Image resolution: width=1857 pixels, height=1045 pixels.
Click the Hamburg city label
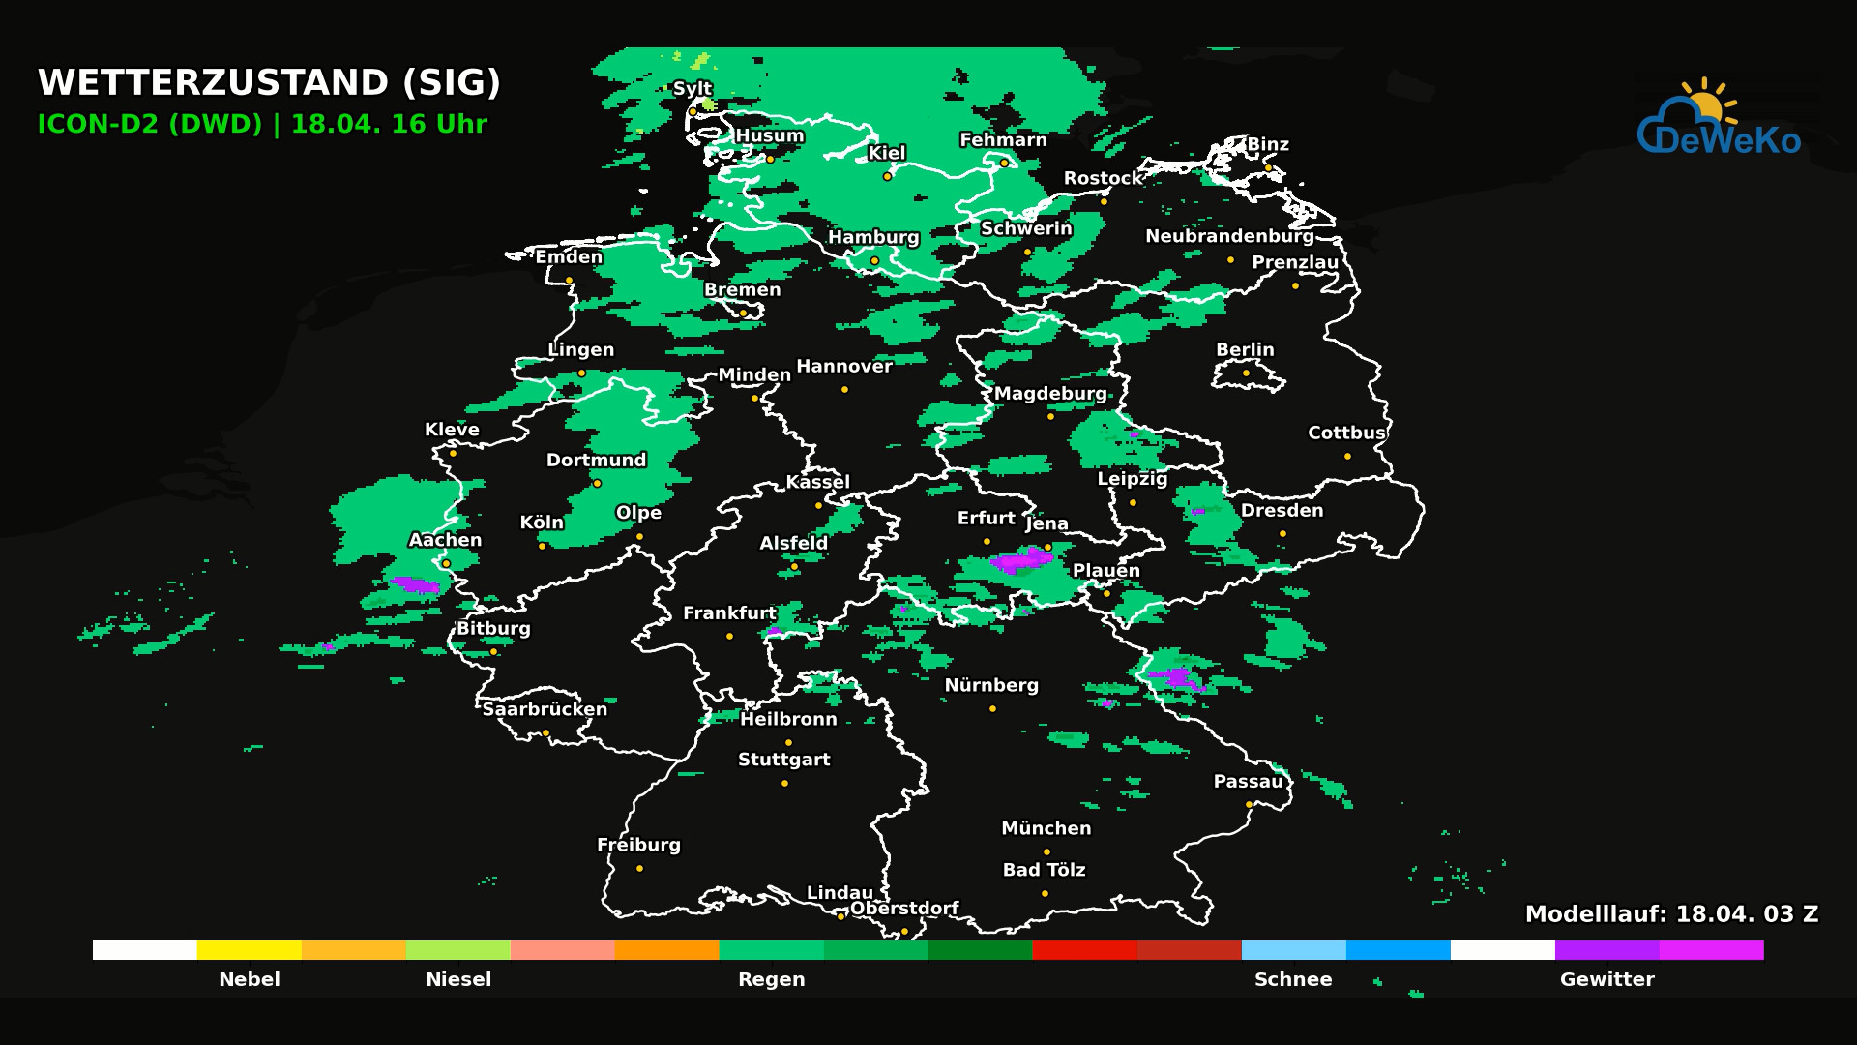tap(873, 237)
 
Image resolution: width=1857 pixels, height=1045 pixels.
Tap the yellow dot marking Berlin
tap(1246, 373)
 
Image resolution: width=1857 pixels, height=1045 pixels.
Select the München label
tap(1046, 828)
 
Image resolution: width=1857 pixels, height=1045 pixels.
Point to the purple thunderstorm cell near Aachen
tap(417, 584)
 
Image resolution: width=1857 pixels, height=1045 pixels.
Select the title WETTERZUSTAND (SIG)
tap(269, 83)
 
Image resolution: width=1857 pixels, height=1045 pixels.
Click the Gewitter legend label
tap(1606, 979)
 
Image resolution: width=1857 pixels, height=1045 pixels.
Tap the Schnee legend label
tap(1293, 979)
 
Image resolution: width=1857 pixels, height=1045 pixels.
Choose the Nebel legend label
tap(250, 979)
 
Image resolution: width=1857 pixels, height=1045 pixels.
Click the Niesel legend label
tap(458, 979)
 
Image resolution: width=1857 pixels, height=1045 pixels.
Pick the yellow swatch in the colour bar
tap(249, 950)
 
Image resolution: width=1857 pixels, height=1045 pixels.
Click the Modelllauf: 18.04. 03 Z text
tap(1671, 914)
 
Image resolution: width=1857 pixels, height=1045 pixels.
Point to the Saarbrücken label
tap(545, 709)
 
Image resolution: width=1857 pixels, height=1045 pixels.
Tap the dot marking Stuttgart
tap(784, 783)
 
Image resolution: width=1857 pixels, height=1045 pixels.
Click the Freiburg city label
tap(638, 845)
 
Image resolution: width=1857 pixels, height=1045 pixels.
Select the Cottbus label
tap(1346, 433)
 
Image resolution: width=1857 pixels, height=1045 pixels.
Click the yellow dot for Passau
tap(1249, 804)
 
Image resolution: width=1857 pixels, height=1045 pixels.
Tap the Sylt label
tap(692, 88)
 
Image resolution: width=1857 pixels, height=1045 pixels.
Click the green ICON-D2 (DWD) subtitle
tap(149, 125)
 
